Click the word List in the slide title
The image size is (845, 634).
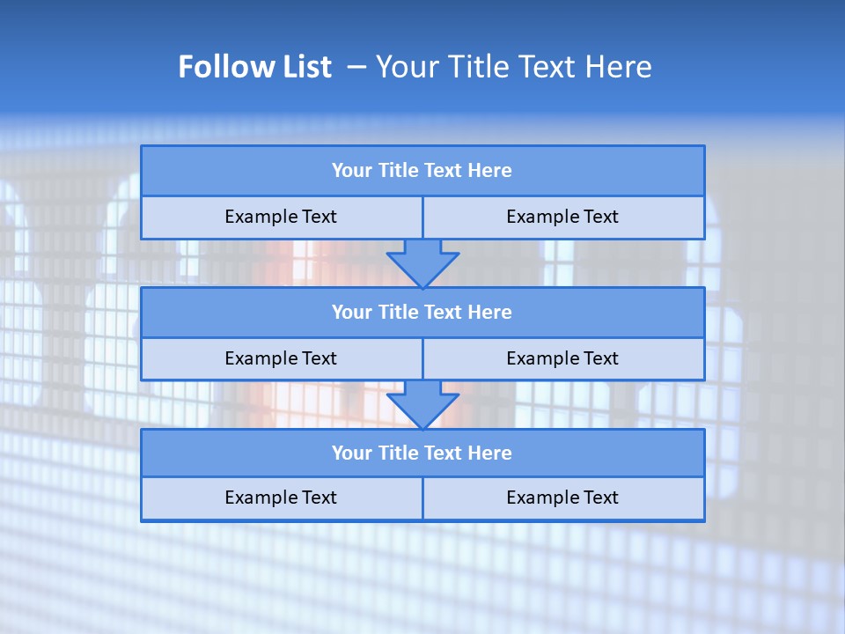click(x=301, y=67)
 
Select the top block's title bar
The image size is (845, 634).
click(x=422, y=171)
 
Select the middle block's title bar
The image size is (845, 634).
click(x=422, y=312)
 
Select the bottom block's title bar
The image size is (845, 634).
click(x=422, y=453)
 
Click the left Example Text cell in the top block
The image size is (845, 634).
click(x=282, y=217)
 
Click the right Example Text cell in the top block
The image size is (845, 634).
click(x=563, y=217)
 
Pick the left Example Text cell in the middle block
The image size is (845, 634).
click(x=282, y=358)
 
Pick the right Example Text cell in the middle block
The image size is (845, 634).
click(x=563, y=358)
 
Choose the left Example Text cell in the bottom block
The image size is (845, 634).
click(x=282, y=498)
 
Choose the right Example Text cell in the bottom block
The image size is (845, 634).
click(x=563, y=498)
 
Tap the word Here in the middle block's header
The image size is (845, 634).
click(x=489, y=312)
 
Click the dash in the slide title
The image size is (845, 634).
click(x=356, y=67)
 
